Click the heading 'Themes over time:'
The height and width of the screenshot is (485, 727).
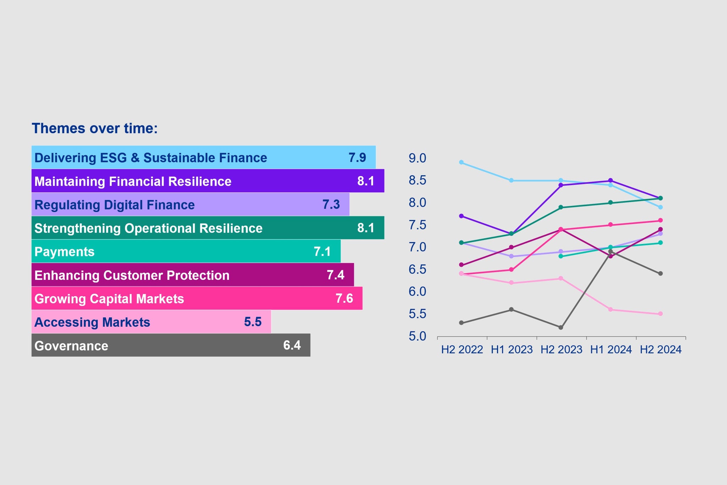click(x=94, y=128)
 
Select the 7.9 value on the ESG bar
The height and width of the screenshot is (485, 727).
click(x=357, y=157)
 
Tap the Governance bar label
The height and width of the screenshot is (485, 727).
click(x=71, y=346)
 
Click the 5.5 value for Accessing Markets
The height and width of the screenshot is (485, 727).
click(x=253, y=322)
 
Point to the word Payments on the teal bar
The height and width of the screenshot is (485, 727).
click(x=64, y=252)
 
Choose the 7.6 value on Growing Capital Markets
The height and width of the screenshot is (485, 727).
click(x=344, y=298)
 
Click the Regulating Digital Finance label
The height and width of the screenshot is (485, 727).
click(x=114, y=205)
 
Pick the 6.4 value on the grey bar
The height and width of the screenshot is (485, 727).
click(x=292, y=345)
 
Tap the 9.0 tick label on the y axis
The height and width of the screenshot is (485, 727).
click(x=417, y=158)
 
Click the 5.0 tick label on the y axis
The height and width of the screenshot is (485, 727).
click(x=417, y=336)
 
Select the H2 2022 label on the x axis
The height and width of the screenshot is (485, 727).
click(x=462, y=350)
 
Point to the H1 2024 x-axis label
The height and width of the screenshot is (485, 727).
click(x=611, y=350)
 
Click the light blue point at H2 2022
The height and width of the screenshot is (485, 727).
click(x=461, y=162)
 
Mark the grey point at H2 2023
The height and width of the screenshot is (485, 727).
click(x=561, y=327)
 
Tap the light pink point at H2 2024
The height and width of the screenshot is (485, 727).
click(x=660, y=314)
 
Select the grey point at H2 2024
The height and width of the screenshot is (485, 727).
click(x=660, y=274)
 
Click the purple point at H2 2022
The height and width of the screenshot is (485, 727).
click(x=461, y=216)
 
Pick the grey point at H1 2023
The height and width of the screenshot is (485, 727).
click(x=511, y=309)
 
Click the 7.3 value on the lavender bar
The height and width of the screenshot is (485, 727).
click(x=331, y=205)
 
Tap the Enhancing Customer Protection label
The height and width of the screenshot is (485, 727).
click(x=132, y=275)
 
